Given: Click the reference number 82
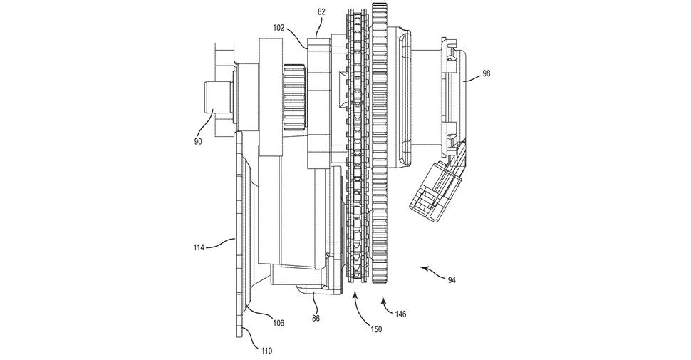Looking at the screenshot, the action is [x=321, y=12].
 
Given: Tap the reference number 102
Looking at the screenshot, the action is [x=279, y=27].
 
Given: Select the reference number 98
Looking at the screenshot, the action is [x=486, y=73].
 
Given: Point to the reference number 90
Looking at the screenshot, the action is [x=197, y=142].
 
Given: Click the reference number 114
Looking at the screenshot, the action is [x=199, y=247].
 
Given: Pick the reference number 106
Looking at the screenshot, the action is [x=278, y=323].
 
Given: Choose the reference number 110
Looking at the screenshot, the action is [x=266, y=351].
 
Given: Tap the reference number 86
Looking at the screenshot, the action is [x=316, y=318].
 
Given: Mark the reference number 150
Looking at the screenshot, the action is [x=376, y=329].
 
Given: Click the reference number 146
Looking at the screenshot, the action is [x=400, y=314].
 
